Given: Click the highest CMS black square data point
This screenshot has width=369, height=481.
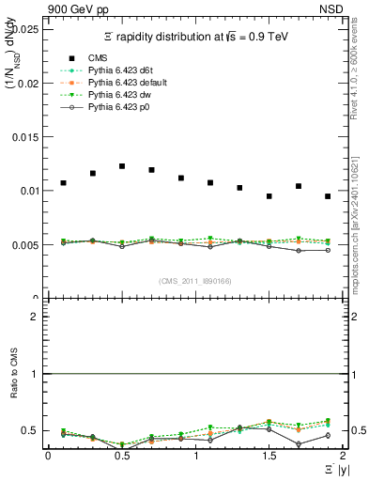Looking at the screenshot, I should pos(122,166).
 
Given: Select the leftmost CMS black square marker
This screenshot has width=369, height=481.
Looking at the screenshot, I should pos(63,183).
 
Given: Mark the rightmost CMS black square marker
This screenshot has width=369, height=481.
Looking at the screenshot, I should pos(328,196).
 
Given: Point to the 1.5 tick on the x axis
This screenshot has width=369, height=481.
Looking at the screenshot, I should pos(269,455).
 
